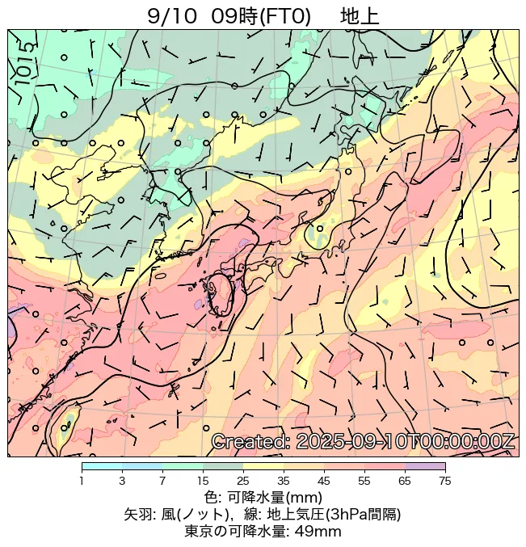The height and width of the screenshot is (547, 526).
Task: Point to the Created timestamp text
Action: (x=363, y=441)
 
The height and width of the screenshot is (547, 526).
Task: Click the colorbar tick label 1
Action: (x=82, y=481)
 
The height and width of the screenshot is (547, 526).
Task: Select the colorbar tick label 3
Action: (x=122, y=481)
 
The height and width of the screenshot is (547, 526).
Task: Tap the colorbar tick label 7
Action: (x=162, y=481)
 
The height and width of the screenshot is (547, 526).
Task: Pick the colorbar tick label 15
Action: (x=203, y=481)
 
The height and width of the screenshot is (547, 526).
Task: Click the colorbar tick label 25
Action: (x=243, y=481)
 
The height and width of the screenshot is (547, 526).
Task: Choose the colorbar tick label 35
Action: (x=284, y=481)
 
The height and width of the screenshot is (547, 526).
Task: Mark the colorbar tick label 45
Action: (x=324, y=481)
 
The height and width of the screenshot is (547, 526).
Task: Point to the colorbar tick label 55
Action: (x=364, y=481)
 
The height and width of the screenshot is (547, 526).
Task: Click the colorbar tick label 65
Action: (x=405, y=481)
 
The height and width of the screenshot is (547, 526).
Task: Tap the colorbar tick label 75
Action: (x=444, y=481)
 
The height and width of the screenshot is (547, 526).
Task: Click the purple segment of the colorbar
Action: (x=425, y=467)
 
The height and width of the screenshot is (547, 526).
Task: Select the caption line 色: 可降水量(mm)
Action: (x=263, y=497)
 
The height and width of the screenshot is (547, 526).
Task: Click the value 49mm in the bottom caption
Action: (x=315, y=531)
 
